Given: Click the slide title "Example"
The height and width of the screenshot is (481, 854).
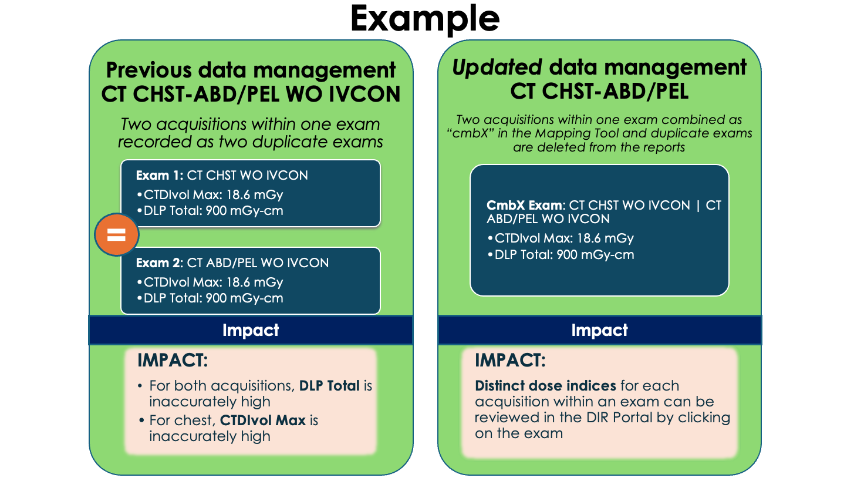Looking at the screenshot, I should coord(425,19).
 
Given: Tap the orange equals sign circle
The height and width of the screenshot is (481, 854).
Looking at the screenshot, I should coord(117,235).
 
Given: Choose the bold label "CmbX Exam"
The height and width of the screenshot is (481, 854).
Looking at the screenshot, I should coord(525,206).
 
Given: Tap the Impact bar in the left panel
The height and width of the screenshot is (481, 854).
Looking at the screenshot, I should coord(251,330).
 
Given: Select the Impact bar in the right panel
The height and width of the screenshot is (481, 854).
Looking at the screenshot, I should coord(599,330).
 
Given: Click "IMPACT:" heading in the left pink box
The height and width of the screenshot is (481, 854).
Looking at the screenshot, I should coord(172,361).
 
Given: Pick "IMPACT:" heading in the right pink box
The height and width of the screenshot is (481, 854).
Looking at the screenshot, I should coord(510,361).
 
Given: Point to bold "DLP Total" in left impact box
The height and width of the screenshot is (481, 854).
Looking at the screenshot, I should coord(329,386).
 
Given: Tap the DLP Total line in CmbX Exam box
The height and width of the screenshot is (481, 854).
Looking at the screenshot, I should coord(561,255).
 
